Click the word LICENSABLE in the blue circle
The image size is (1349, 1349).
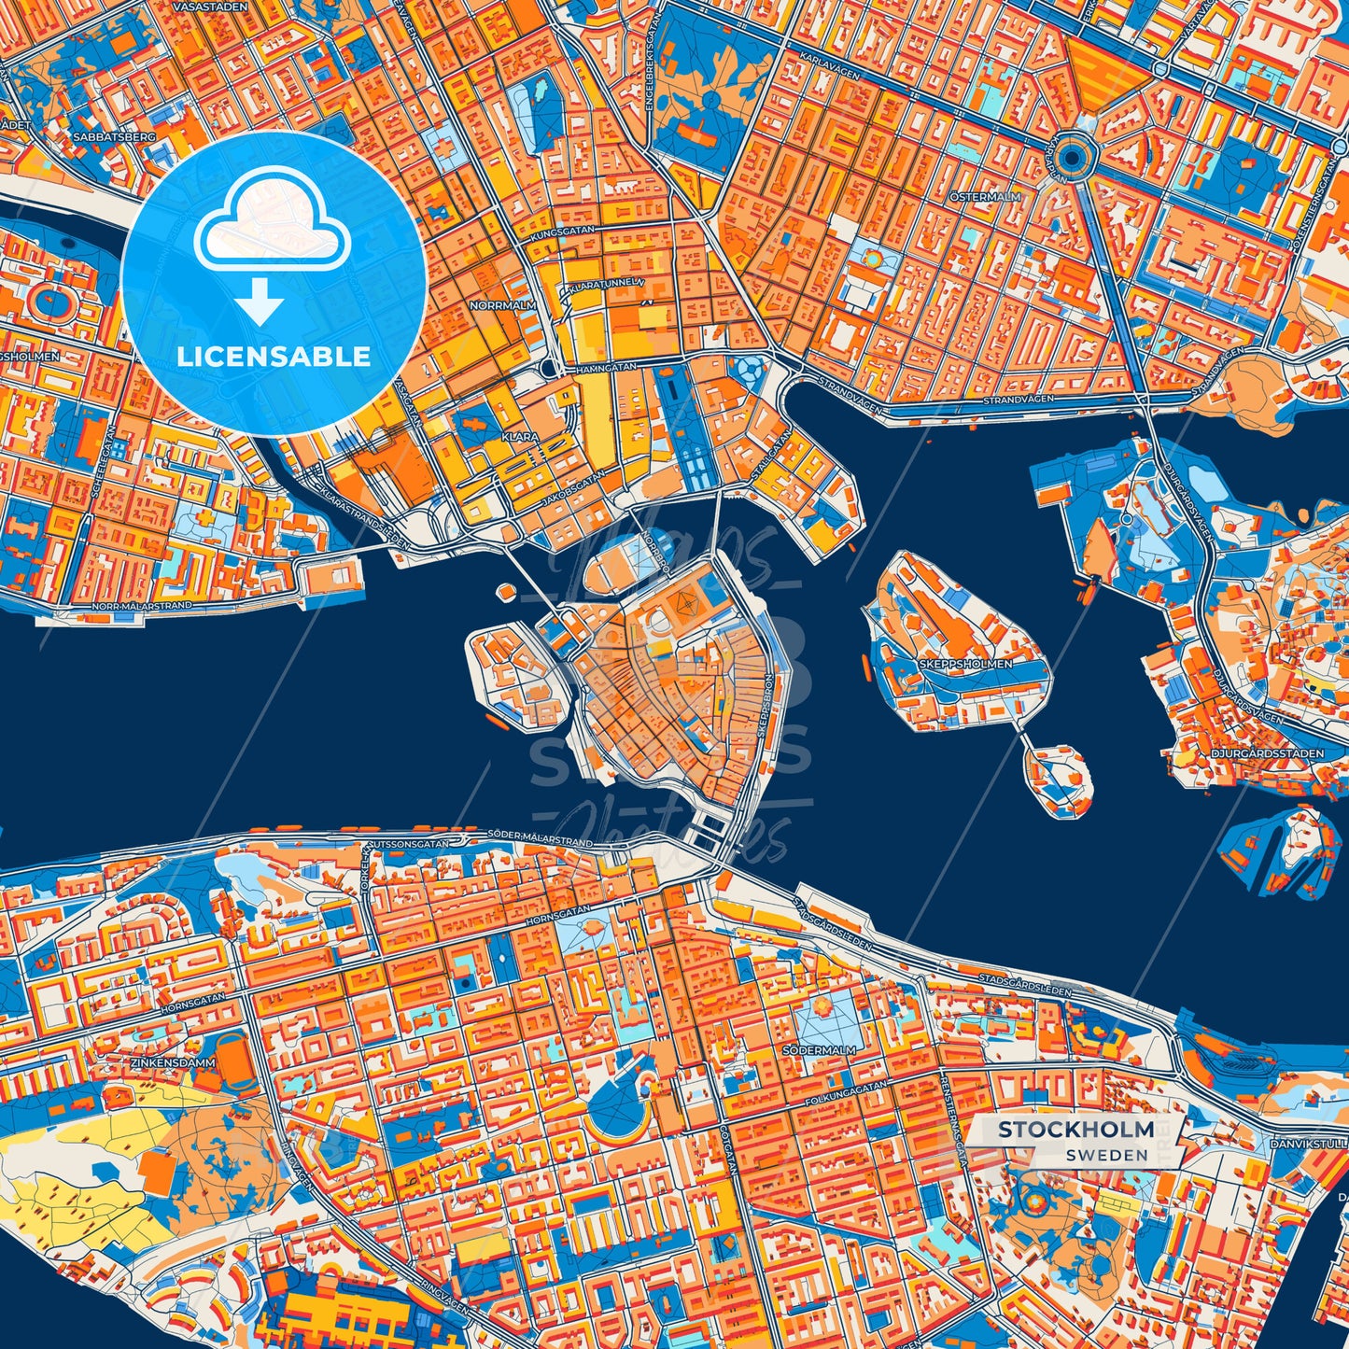coord(274,357)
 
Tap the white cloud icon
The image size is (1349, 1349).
coord(272,229)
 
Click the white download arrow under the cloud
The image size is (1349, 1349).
coord(261,302)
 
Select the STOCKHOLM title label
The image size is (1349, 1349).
coord(1075,1130)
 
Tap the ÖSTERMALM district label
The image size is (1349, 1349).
coord(985,198)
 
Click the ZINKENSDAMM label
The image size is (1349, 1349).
coord(173,1062)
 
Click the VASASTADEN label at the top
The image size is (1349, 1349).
coord(211,7)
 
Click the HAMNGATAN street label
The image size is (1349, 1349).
coord(605,370)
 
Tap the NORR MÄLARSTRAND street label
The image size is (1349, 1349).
coord(142,606)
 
